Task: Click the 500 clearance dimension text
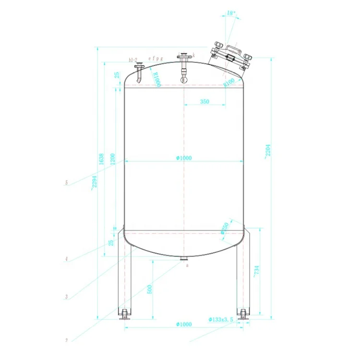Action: (x=149, y=289)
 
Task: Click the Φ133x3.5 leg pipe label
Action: (x=221, y=319)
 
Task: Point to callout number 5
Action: (x=67, y=183)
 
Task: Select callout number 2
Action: (x=67, y=340)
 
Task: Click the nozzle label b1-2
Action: (x=133, y=60)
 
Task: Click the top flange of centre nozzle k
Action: (x=183, y=58)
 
